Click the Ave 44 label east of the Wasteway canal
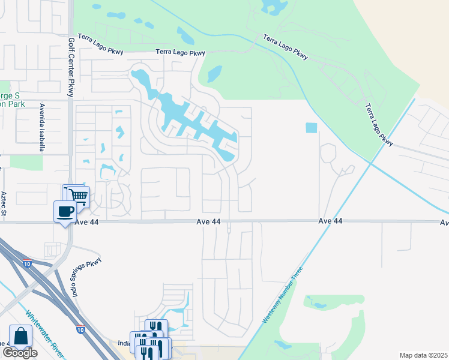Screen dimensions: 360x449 click(x=330, y=221)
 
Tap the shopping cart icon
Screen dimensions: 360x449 click(x=77, y=196)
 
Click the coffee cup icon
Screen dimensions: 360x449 click(x=65, y=211)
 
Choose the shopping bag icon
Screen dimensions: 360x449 click(x=20, y=336)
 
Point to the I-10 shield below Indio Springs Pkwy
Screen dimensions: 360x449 click(x=80, y=329)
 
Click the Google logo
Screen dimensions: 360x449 click(x=19, y=353)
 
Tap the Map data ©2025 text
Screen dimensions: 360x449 click(x=423, y=355)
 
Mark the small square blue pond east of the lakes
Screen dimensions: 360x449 click(x=311, y=128)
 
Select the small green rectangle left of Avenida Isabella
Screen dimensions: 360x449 click(x=26, y=162)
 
